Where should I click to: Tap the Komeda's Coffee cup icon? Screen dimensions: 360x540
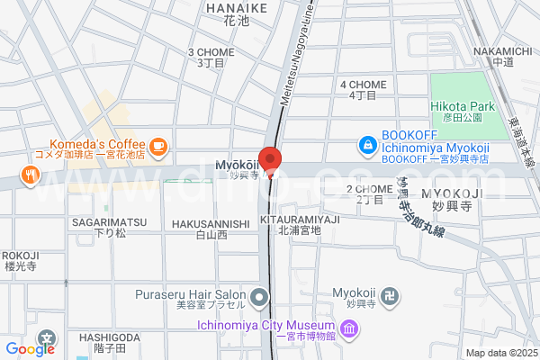pyautogui.click(x=158, y=145)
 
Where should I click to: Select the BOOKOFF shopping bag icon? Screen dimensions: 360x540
pyautogui.click(x=367, y=144)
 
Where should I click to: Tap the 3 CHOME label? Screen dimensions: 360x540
pyautogui.click(x=210, y=52)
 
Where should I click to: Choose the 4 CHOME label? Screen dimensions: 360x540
pyautogui.click(x=363, y=85)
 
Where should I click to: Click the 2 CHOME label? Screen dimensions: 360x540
pyautogui.click(x=369, y=189)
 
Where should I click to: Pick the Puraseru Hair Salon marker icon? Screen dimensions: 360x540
pyautogui.click(x=260, y=296)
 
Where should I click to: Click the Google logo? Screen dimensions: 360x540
pyautogui.click(x=31, y=349)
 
